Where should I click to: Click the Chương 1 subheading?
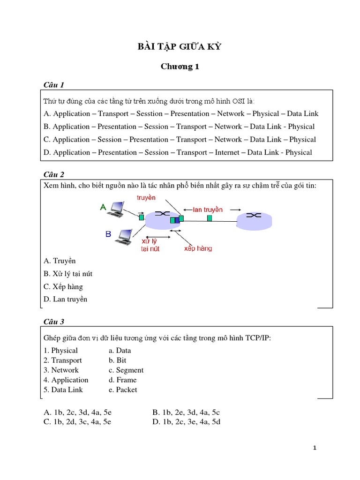click(180, 67)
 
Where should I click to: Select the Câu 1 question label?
click(53, 84)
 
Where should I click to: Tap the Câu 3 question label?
click(53, 322)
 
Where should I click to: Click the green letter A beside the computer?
click(103, 207)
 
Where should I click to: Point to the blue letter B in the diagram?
click(108, 234)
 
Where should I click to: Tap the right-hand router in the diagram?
click(254, 220)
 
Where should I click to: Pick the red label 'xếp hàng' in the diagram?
click(198, 248)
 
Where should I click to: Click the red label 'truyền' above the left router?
click(146, 198)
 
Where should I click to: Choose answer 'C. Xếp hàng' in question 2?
click(63, 286)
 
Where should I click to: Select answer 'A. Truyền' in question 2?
click(60, 261)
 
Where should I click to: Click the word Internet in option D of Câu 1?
click(227, 152)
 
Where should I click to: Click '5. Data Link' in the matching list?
click(63, 390)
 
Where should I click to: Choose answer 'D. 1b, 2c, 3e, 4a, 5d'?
click(186, 422)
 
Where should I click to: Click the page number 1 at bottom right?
click(315, 448)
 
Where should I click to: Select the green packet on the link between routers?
click(209, 218)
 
